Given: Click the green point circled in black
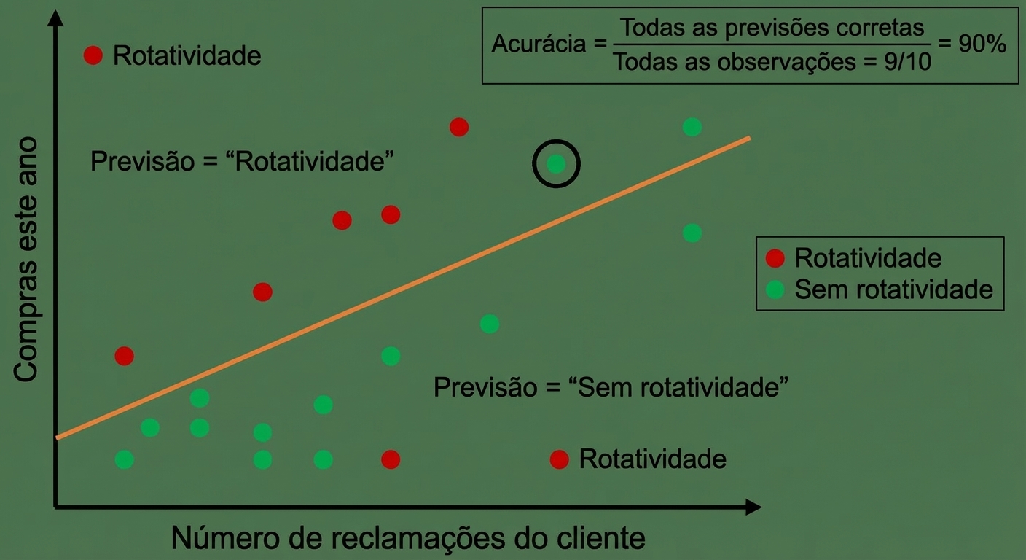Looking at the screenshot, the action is coord(556,163).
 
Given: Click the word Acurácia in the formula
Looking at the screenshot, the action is coord(539,44).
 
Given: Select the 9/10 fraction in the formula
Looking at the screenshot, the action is coord(907,62).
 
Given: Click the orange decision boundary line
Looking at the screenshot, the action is coord(403,288).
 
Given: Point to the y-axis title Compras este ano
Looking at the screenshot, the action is coord(26,259).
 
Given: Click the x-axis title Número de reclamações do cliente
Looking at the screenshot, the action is coord(408,537).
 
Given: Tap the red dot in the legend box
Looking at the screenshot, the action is coord(775,258).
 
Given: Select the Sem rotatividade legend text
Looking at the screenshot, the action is coord(893,289).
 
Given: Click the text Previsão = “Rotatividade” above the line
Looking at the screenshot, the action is coord(242,161).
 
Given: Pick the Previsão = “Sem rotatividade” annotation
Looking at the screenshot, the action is coord(611,387).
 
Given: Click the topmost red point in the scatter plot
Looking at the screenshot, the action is coord(459,127).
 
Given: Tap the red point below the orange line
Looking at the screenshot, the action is coord(391,459).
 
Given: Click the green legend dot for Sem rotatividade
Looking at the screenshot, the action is coord(775,289).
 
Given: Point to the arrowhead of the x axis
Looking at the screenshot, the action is coord(753,507).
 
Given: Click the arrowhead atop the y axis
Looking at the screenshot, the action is coord(55,18).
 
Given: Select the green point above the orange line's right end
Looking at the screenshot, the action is coord(692,127).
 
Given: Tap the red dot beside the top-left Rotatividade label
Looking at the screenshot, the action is coord(93,55).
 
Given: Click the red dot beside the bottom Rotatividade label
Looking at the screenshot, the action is coord(559,459).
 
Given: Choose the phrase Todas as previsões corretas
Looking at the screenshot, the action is coord(772,28).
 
